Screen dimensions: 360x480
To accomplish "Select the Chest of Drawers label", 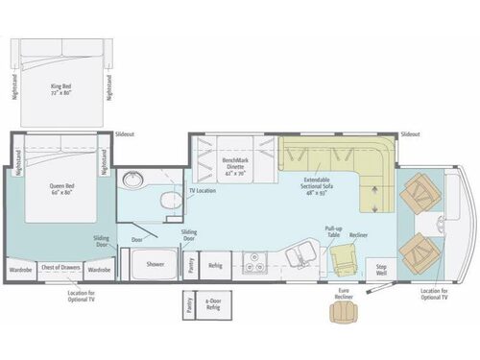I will pos(61,271).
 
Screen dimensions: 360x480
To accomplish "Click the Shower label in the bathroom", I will pos(155,262).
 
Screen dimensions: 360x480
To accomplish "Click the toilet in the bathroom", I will pos(169,199).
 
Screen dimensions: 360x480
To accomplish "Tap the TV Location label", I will pos(203,191).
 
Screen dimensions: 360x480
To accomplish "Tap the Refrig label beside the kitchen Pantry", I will pos(215,266).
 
